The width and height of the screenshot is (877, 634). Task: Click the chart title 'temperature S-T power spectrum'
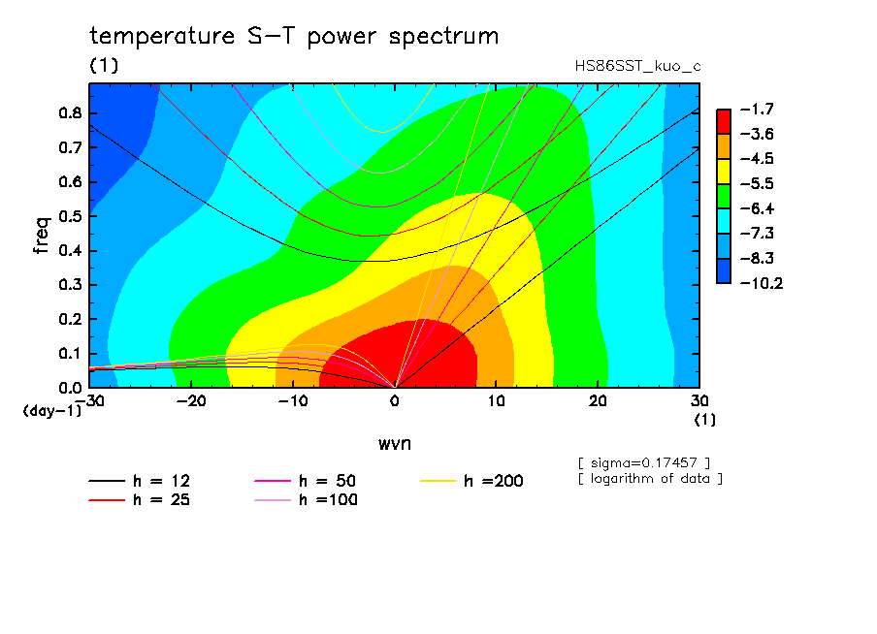pos(294,37)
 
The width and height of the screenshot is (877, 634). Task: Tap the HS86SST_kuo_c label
pos(637,67)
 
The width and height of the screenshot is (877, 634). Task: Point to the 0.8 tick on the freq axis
pos(70,112)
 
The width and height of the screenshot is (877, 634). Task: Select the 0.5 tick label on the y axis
pos(70,216)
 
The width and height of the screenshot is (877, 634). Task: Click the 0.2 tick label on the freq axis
pos(70,319)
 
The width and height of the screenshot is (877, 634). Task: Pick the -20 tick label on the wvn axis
pos(191,401)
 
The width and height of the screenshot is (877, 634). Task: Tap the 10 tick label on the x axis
pos(496,401)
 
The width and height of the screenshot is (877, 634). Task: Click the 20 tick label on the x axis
pos(598,401)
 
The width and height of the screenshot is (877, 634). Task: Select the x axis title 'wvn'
pos(395,444)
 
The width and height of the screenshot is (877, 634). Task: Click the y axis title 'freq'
pos(42,236)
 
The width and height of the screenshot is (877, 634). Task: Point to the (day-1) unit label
pos(52,411)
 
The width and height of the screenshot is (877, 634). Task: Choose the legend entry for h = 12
pos(140,481)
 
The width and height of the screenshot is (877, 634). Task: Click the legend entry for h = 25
pos(140,499)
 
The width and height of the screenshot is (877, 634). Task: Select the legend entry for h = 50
pos(306,481)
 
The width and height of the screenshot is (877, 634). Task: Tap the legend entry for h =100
pos(306,499)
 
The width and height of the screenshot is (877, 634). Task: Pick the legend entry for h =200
pos(472,481)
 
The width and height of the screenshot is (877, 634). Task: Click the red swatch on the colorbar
pos(724,121)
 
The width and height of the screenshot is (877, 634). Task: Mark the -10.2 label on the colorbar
pos(762,283)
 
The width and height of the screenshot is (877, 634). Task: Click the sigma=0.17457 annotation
pos(644,463)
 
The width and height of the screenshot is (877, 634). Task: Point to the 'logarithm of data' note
pos(651,479)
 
